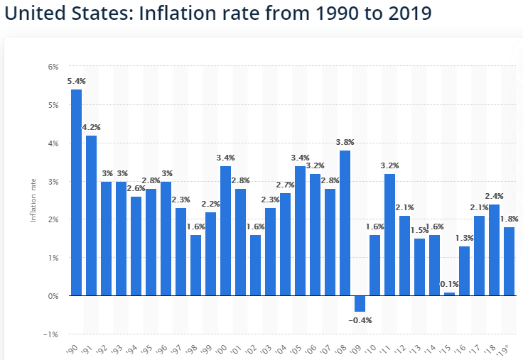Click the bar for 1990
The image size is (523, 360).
(x=76, y=192)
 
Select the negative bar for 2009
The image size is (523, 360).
(x=360, y=303)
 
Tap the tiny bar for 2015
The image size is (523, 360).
(x=449, y=293)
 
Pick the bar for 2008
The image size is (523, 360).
(x=345, y=222)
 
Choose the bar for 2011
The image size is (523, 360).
(x=389, y=234)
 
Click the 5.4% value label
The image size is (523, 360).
(x=75, y=82)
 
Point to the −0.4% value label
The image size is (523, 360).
(x=360, y=320)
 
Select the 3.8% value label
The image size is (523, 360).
(x=345, y=142)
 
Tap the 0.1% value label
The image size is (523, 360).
(x=449, y=284)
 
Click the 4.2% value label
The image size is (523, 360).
(x=91, y=128)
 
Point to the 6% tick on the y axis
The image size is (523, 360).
(x=53, y=67)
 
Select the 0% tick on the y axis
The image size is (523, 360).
(x=53, y=295)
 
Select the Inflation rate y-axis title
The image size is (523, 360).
(x=33, y=201)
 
